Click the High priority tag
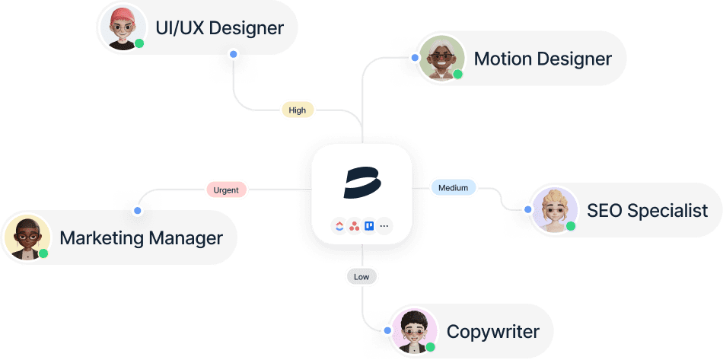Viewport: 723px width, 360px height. tap(297, 110)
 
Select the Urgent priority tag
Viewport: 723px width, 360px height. tap(225, 190)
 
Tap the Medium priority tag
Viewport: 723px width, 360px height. tap(454, 187)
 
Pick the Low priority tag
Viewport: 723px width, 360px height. tap(361, 277)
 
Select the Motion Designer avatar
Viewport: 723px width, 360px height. tap(441, 57)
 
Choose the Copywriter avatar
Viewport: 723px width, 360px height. tap(413, 330)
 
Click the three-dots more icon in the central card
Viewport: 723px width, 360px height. tap(384, 225)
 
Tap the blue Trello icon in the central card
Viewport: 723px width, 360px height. tap(369, 225)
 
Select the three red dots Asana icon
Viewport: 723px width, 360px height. tap(354, 225)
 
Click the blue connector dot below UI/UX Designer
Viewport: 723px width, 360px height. tap(233, 55)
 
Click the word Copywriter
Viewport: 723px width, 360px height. tap(492, 332)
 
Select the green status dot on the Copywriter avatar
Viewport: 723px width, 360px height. tap(430, 346)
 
